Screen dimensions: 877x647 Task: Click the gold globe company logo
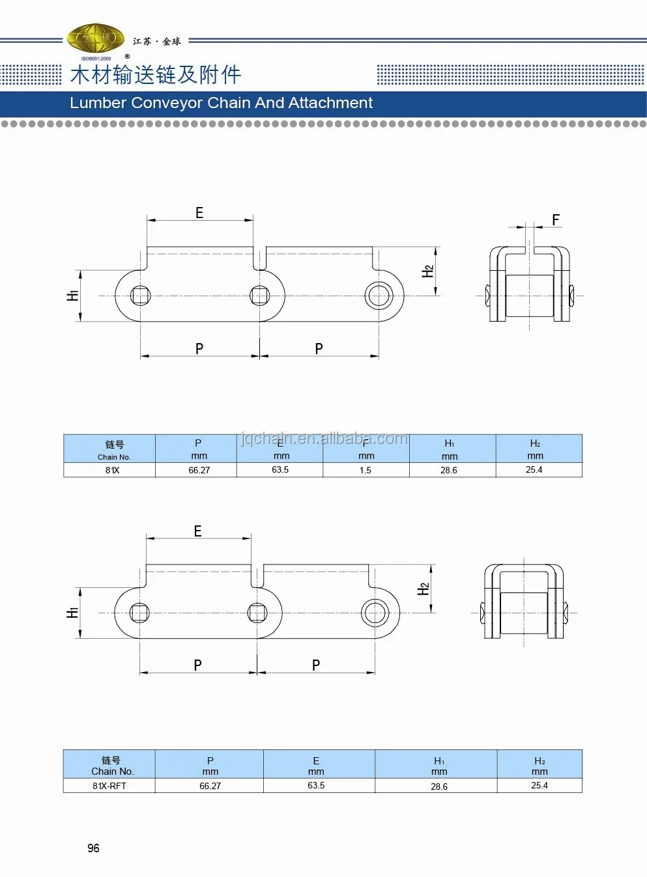point(96,39)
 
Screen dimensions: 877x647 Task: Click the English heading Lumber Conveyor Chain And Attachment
point(221,103)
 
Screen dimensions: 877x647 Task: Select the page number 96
point(93,848)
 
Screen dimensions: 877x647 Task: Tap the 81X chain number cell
point(112,470)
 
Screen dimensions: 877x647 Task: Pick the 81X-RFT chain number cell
point(109,786)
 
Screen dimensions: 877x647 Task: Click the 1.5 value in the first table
point(366,470)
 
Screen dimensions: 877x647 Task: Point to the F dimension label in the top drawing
point(556,220)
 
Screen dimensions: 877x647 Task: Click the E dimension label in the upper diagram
point(199,213)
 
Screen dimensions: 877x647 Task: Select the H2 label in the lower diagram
point(424,589)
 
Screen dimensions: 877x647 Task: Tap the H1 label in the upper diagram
point(72,296)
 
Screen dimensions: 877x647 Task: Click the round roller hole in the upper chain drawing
point(379,296)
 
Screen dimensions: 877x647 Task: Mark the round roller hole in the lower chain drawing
point(375,613)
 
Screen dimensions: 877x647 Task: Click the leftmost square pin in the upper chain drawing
point(141,296)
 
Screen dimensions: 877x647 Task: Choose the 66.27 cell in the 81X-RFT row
point(210,786)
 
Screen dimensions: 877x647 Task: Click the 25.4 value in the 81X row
point(534,469)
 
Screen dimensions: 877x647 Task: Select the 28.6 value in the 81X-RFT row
point(439,787)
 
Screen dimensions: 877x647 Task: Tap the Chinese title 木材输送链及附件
point(156,75)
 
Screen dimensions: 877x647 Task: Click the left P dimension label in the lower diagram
point(197,665)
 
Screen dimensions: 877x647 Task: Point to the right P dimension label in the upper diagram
point(319,348)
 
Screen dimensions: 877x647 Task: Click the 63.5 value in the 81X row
point(280,469)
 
